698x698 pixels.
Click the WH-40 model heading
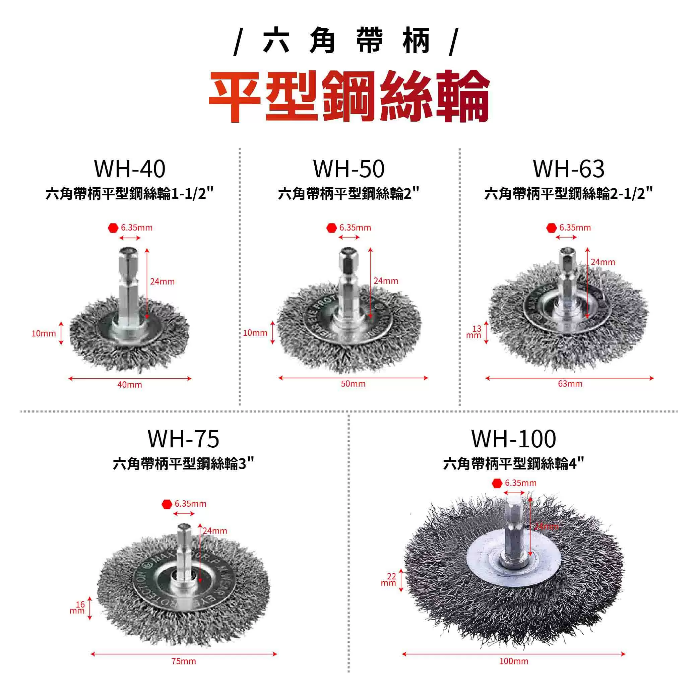pos(130,169)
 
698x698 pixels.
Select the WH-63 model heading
pos(569,169)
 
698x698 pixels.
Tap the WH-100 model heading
pos(513,439)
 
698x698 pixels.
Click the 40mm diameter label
pos(129,385)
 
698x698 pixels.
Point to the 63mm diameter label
pos(570,384)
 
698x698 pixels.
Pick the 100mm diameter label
pos(513,661)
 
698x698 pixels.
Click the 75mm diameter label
pos(184,661)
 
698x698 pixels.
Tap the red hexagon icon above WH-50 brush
pos(332,228)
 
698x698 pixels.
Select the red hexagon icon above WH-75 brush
pos(167,504)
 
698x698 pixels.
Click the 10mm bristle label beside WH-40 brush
pos(43,333)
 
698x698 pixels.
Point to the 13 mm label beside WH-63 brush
pos(474,332)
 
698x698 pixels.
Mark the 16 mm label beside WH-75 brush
pos(77,608)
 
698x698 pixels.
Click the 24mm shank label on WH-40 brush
pos(162,281)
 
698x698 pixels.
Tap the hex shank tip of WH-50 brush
pos(347,253)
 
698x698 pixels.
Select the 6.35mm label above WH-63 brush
pos(575,228)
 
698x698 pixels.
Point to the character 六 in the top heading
pos(276,41)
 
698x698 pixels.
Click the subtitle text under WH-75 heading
pos(184,463)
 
